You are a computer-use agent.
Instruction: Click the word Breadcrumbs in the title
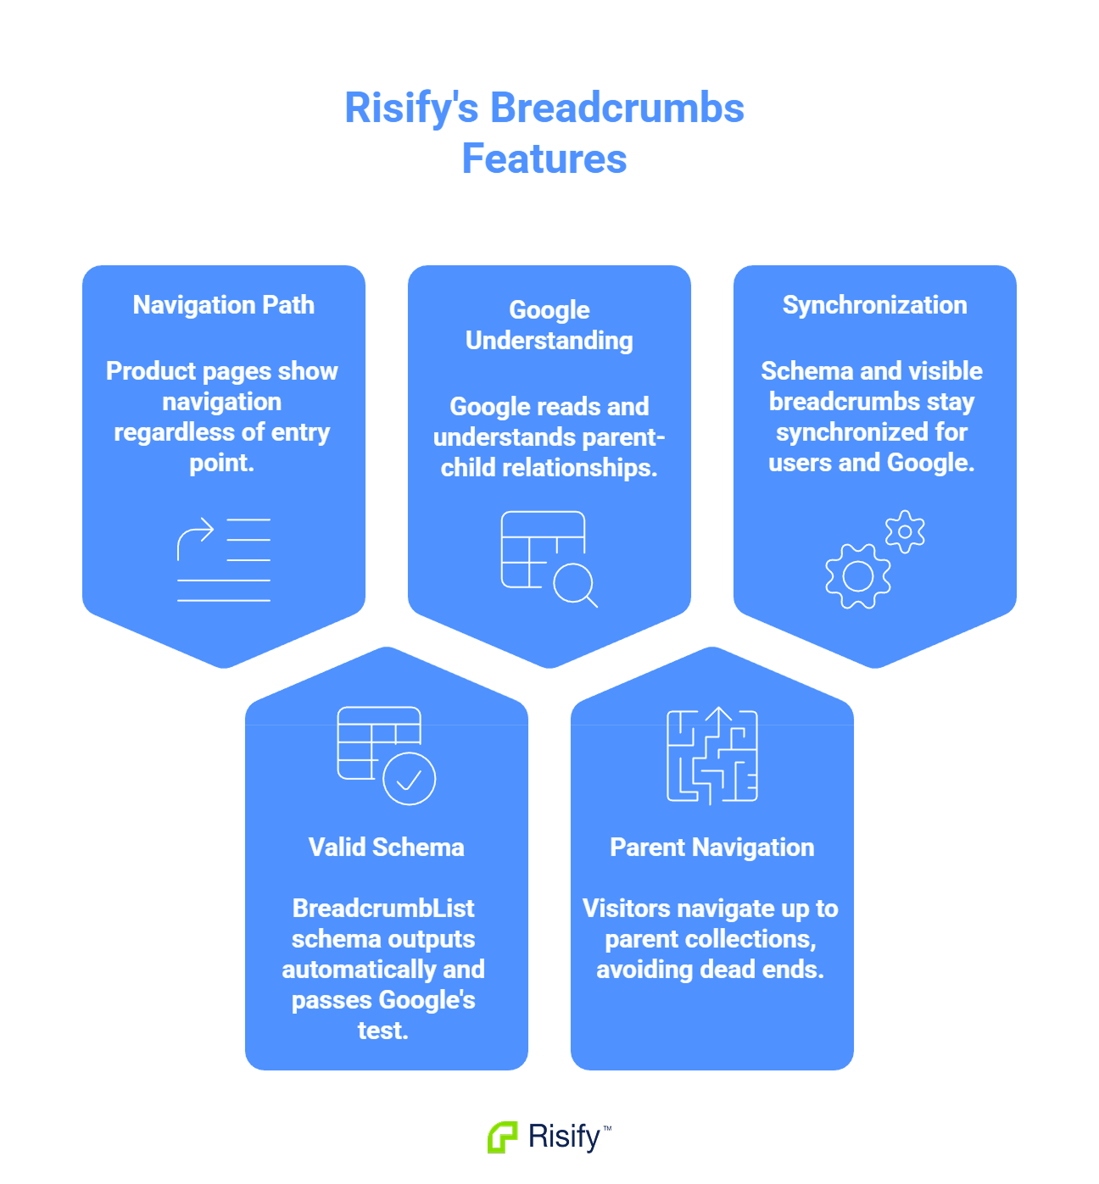(616, 108)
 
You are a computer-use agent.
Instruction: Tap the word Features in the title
(544, 159)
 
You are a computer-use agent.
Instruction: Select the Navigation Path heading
(224, 305)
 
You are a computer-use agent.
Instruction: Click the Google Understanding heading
(549, 325)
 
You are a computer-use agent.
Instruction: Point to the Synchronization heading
(874, 305)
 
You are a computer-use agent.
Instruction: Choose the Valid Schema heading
(387, 848)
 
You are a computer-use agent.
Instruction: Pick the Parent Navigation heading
(712, 848)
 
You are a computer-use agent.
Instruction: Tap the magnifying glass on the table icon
(576, 584)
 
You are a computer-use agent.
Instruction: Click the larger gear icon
(858, 576)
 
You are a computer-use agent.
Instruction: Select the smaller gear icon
(905, 532)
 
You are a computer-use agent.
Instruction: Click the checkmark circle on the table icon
(410, 779)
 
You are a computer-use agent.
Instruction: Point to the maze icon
(712, 756)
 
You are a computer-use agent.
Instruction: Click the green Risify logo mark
(503, 1137)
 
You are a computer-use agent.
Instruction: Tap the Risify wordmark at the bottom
(564, 1137)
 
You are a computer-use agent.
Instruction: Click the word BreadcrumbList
(383, 909)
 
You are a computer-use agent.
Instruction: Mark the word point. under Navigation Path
(222, 463)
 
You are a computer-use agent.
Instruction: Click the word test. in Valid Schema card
(383, 1031)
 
